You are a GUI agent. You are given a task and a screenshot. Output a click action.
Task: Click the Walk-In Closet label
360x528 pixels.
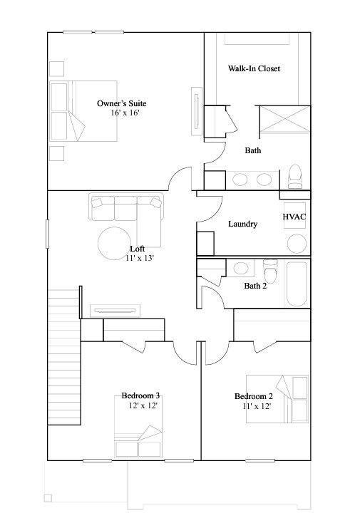point(254,68)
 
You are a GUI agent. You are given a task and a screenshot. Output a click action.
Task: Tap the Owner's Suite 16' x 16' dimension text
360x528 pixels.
point(125,113)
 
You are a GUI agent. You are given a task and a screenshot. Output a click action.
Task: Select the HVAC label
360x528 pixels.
point(294,217)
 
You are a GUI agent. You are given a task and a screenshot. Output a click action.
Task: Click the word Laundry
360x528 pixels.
point(243,224)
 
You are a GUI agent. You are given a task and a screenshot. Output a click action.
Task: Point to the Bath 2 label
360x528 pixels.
point(255,286)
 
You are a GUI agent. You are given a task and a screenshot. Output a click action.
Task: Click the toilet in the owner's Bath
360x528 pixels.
point(295,177)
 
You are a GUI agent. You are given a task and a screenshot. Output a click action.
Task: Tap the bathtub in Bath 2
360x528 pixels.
point(297,283)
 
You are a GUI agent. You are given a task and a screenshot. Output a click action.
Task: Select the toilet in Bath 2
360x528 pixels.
point(270,271)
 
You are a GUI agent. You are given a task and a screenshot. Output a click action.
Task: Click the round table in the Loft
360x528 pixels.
point(115,244)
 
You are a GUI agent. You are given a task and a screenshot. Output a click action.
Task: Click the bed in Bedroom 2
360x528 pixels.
point(277,399)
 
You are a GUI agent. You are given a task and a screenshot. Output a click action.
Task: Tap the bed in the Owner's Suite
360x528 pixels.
point(83,110)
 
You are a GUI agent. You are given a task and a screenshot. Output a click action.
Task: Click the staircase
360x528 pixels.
point(64,357)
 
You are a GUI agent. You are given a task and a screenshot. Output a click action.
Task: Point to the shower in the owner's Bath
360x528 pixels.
point(284,119)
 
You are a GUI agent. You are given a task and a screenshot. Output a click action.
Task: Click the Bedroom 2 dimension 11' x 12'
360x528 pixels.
point(257,406)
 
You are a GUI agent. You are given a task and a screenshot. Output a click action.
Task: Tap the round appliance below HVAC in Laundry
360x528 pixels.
point(297,244)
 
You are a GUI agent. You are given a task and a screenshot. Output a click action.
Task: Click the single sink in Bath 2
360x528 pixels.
point(241,269)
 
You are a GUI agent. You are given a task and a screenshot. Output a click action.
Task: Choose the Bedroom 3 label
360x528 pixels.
point(140,395)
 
